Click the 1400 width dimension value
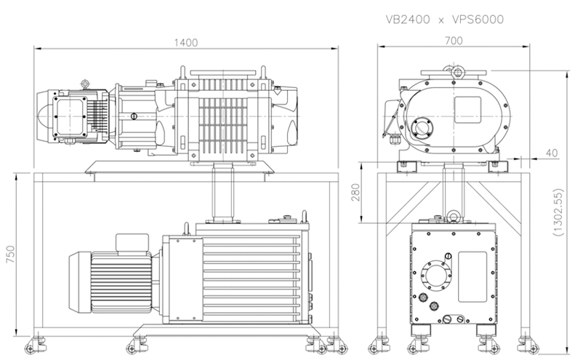(186, 43)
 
